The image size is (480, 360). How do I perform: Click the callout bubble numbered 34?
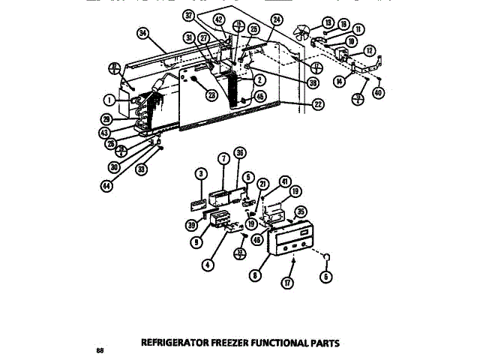click(x=143, y=32)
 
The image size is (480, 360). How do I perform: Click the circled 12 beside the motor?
click(x=370, y=50)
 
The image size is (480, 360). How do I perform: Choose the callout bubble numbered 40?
click(x=377, y=94)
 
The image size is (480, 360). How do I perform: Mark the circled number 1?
click(x=109, y=99)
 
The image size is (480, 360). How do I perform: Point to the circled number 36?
click(x=240, y=152)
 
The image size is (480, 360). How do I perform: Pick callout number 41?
click(x=284, y=181)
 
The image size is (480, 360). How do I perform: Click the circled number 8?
click(x=256, y=275)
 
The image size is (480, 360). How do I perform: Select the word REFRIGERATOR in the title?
click(x=173, y=343)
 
